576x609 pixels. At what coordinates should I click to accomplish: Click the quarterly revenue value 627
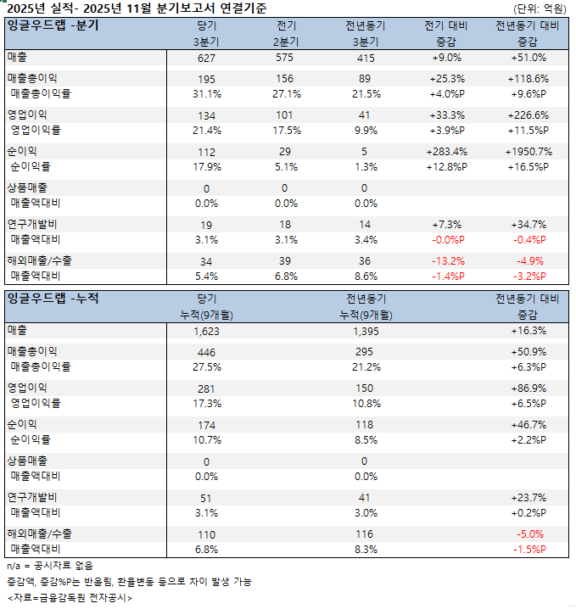click(206, 58)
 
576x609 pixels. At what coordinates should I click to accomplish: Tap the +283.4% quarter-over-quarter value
click(449, 152)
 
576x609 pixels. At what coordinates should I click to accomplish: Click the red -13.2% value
click(449, 260)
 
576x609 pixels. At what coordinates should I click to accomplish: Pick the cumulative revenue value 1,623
click(206, 331)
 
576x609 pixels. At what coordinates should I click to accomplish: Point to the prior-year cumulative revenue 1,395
click(366, 331)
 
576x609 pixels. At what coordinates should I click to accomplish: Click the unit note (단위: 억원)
click(540, 8)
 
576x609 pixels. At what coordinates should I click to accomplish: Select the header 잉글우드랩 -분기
click(53, 25)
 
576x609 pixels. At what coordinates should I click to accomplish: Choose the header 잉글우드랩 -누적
click(53, 298)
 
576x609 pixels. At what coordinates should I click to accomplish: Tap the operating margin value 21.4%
click(206, 131)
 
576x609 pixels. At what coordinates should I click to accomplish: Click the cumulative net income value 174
click(206, 425)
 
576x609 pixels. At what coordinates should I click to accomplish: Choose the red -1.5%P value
click(528, 549)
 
